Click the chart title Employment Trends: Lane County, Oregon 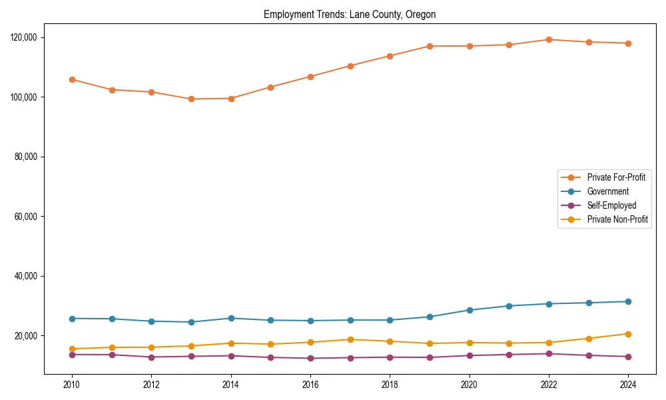(350, 15)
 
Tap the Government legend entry (607, 191)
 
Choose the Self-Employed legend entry (611, 205)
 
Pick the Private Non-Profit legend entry (617, 219)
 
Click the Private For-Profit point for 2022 (549, 39)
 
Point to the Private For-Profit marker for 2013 (191, 99)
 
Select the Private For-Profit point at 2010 (72, 79)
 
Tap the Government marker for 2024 (628, 302)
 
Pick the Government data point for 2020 (470, 310)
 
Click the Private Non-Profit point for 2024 (628, 334)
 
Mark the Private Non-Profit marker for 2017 (350, 339)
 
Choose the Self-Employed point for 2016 (310, 359)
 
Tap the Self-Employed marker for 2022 (549, 353)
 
